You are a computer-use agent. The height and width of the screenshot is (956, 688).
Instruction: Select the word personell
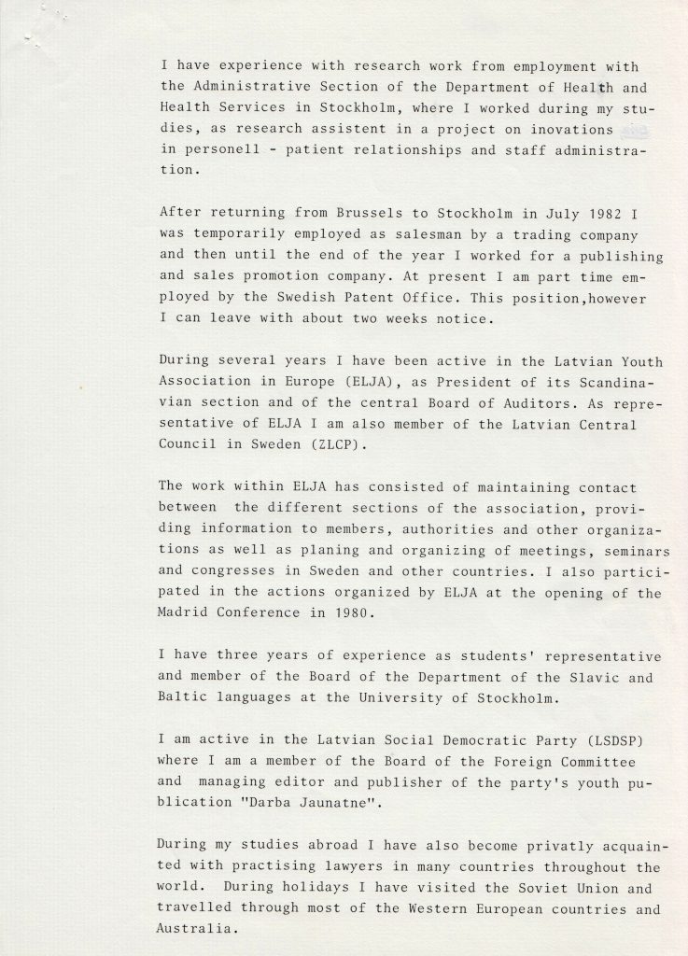pos(228,149)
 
